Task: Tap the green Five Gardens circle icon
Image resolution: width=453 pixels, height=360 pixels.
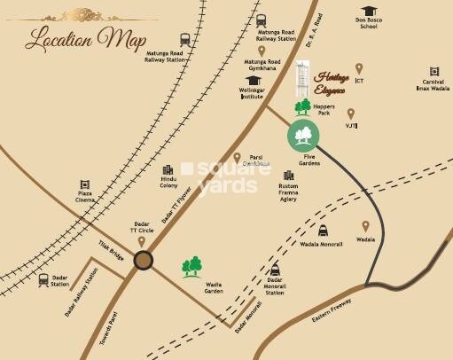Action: (303, 136)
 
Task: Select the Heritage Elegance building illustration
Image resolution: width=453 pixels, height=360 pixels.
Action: (303, 81)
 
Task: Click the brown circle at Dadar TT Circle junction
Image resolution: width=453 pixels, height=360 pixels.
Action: (143, 260)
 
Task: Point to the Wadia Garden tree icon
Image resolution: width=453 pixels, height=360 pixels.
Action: (191, 266)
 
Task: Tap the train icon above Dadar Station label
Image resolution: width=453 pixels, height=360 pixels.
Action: (43, 279)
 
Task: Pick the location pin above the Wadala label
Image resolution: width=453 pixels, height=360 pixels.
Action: (365, 226)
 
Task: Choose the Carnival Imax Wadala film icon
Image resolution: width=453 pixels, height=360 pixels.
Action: (434, 71)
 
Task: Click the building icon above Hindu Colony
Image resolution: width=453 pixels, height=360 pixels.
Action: (168, 170)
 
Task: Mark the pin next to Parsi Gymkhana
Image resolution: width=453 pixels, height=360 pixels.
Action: (238, 158)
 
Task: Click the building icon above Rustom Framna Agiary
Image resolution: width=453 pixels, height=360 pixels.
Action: (288, 176)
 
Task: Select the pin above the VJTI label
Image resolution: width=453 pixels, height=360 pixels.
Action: (351, 113)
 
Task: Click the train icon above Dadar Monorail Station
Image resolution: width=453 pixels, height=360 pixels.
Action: (275, 270)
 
